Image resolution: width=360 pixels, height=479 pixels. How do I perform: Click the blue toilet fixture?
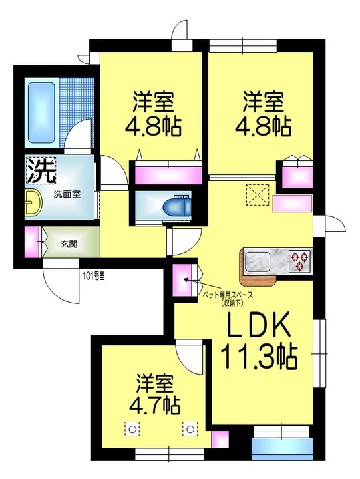pyautogui.click(x=177, y=206)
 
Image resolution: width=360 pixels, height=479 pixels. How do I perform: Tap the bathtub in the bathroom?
pyautogui.click(x=41, y=112)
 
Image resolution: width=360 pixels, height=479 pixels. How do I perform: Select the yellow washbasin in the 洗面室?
pyautogui.click(x=33, y=202)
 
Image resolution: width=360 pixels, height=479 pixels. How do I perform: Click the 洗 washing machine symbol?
pyautogui.click(x=41, y=170)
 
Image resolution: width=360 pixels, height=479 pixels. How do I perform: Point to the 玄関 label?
pyautogui.click(x=69, y=244)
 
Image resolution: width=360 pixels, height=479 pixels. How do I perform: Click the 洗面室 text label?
pyautogui.click(x=67, y=194)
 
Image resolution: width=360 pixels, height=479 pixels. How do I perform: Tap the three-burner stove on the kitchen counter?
pyautogui.click(x=300, y=261)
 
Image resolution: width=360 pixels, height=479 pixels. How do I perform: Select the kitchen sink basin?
pyautogui.click(x=258, y=262)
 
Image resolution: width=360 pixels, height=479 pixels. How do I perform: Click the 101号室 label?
pyautogui.click(x=94, y=277)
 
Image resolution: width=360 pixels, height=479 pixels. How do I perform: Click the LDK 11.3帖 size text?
pyautogui.click(x=258, y=341)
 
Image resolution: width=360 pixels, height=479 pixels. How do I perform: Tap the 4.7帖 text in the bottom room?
pyautogui.click(x=154, y=405)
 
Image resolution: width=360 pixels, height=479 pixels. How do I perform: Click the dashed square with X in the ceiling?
pyautogui.click(x=258, y=194)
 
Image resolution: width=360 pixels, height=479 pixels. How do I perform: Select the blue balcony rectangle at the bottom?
pyautogui.click(x=281, y=449)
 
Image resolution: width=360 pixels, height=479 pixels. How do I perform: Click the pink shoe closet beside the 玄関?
pyautogui.click(x=32, y=242)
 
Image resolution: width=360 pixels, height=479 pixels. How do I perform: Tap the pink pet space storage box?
pyautogui.click(x=182, y=281)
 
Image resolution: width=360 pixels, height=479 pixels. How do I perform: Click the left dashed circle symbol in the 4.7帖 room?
pyautogui.click(x=132, y=430)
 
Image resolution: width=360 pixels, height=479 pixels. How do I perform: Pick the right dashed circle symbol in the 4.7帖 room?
pyautogui.click(x=190, y=430)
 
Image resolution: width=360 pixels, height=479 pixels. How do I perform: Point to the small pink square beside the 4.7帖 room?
pyautogui.click(x=220, y=439)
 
